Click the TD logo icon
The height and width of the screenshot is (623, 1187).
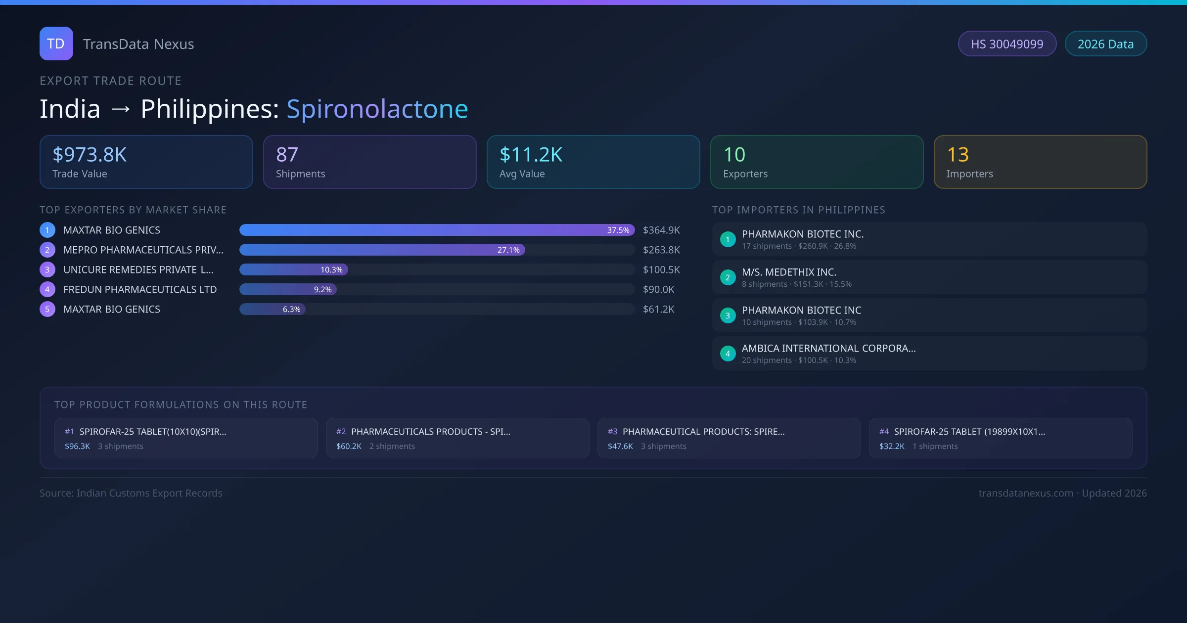[56, 44]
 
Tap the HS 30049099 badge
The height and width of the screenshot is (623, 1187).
[1006, 44]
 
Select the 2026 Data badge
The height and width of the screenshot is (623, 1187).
[1105, 44]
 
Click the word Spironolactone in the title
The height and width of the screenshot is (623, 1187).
[377, 109]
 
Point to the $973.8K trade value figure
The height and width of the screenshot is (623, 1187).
[90, 155]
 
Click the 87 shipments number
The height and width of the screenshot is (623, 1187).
[287, 155]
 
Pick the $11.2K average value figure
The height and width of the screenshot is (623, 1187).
[531, 155]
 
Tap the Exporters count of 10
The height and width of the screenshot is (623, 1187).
[734, 155]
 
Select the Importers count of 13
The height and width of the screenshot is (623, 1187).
[958, 155]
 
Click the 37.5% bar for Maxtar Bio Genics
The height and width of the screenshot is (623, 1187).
[436, 230]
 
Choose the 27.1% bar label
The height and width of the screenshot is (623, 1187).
[508, 250]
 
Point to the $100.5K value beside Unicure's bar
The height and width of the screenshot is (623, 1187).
[661, 269]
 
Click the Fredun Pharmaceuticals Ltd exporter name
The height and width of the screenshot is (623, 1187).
[140, 289]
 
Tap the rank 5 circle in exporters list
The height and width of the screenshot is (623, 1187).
[47, 309]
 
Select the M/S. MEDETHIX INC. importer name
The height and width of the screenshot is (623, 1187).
[789, 272]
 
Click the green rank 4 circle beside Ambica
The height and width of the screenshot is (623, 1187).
[728, 354]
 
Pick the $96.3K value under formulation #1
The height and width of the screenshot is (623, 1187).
[77, 446]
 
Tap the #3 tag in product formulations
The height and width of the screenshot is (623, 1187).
[612, 431]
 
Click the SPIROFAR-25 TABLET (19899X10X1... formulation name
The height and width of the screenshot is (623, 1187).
[969, 431]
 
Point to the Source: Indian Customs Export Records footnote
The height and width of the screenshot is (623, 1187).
[131, 493]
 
